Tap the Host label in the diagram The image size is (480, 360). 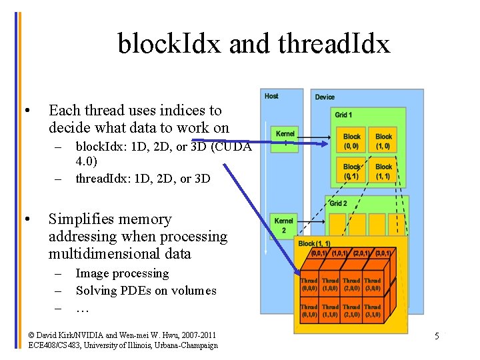[271, 96]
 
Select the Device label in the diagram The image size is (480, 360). [325, 97]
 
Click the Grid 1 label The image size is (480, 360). [343, 115]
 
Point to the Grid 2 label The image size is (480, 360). [339, 203]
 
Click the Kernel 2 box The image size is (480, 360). [284, 225]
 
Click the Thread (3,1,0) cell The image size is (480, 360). [373, 311]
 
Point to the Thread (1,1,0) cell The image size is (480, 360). [330, 311]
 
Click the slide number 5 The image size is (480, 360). [437, 336]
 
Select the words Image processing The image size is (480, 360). [122, 273]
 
